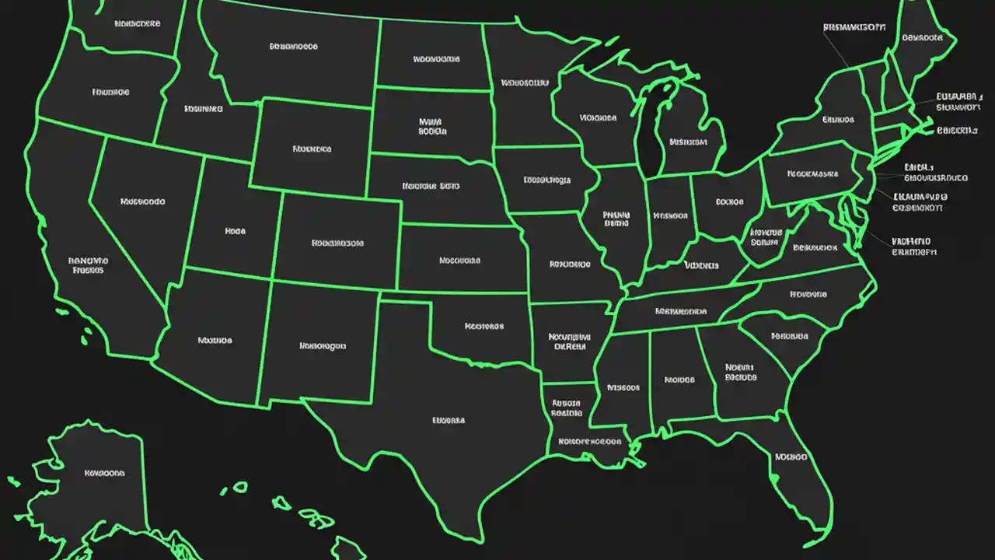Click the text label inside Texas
449,420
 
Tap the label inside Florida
791,457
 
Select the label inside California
88,265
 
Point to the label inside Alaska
104,472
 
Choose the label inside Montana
293,47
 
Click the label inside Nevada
143,201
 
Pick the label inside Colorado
337,243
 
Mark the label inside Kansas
459,261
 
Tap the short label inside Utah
235,231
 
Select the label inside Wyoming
312,149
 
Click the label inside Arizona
215,340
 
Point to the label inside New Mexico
323,346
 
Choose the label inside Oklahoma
484,327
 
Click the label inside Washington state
137,24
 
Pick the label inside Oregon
110,92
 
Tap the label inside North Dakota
436,58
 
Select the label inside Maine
923,37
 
